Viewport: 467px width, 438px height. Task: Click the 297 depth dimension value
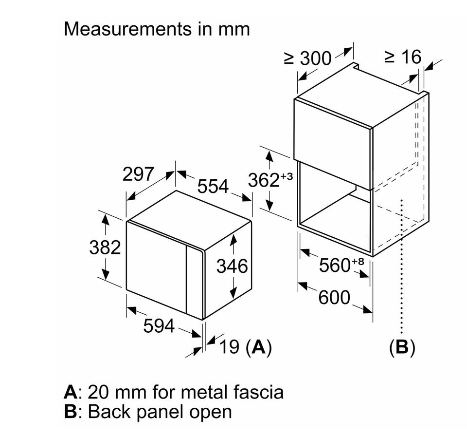138,174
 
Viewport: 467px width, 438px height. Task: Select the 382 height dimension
105,248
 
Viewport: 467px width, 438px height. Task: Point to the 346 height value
232,266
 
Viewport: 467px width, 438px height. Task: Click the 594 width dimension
159,326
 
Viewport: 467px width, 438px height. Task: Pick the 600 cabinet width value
334,297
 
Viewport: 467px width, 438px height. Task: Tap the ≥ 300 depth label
307,58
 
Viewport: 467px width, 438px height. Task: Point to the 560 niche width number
335,266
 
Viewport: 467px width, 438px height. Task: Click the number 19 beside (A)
229,347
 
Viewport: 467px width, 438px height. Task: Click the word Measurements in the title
124,29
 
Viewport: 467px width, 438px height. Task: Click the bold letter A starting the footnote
71,391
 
